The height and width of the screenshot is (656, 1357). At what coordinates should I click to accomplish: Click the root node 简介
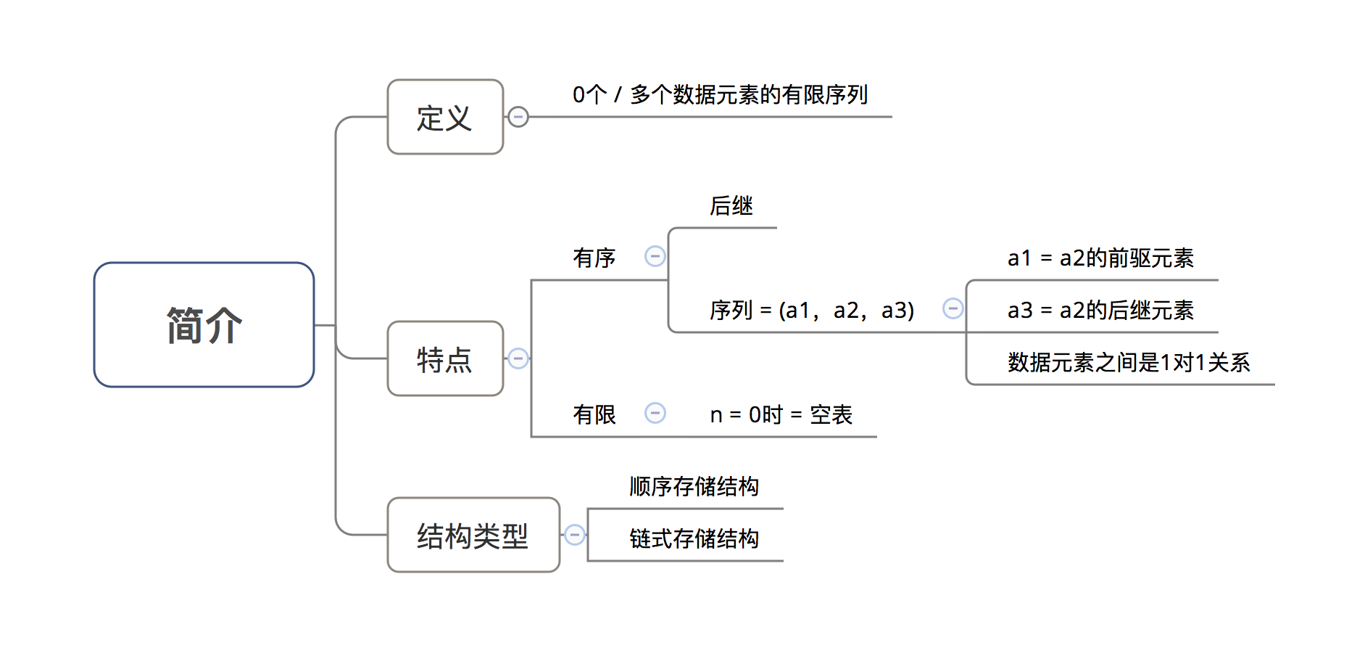(204, 324)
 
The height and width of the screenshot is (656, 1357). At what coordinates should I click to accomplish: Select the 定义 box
(445, 117)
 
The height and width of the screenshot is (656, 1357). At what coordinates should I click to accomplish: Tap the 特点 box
(445, 358)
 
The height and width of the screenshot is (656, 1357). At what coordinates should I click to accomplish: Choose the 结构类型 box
(473, 535)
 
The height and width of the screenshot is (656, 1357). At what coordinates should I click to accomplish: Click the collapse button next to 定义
(518, 117)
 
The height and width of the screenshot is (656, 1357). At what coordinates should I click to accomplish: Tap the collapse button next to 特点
(518, 358)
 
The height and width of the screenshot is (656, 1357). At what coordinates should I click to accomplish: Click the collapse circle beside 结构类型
(575, 535)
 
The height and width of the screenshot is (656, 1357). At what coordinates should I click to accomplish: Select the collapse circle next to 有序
(655, 256)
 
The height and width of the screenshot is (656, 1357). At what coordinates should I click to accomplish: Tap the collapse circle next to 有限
(655, 413)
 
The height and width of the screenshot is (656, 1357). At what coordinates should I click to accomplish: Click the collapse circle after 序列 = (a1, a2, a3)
(953, 308)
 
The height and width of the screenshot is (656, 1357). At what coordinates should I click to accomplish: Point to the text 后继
(731, 206)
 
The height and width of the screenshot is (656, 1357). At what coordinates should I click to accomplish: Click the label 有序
(594, 258)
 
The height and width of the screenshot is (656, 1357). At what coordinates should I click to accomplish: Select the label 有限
(594, 414)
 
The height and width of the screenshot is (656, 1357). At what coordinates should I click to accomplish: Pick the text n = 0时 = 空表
(781, 414)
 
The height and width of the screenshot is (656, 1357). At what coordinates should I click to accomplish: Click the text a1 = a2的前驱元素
(1100, 258)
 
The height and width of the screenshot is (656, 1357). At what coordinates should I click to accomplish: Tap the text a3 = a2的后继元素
(1100, 310)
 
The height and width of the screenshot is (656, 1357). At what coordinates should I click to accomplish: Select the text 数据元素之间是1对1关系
(1128, 362)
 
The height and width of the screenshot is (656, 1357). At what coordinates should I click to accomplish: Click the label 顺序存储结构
(694, 486)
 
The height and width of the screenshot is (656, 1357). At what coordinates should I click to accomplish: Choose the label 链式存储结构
(694, 538)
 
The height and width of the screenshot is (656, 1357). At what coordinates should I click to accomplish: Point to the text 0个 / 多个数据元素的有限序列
(720, 94)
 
